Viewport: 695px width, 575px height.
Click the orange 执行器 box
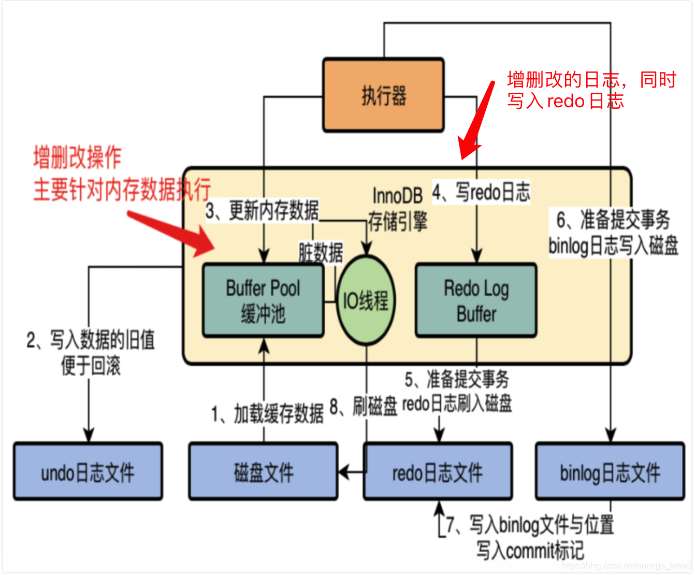[383, 95]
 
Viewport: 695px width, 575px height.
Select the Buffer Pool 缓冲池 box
[263, 300]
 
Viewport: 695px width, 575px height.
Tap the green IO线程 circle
[366, 300]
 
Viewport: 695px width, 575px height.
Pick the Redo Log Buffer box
[476, 300]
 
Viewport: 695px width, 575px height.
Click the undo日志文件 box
[88, 471]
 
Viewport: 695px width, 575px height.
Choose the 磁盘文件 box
[263, 471]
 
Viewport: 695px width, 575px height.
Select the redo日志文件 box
[438, 471]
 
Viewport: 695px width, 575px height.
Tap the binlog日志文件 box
[610, 471]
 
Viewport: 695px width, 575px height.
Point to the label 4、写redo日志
[482, 192]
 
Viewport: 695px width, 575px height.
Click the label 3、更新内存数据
[262, 211]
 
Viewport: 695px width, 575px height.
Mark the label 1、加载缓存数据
[267, 414]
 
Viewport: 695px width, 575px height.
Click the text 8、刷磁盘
[363, 406]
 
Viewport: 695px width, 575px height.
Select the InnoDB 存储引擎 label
[397, 209]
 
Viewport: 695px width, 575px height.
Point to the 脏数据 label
[321, 253]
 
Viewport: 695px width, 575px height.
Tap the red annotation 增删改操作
[77, 157]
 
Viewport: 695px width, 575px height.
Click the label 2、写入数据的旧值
[91, 340]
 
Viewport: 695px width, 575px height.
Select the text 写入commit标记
[530, 550]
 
